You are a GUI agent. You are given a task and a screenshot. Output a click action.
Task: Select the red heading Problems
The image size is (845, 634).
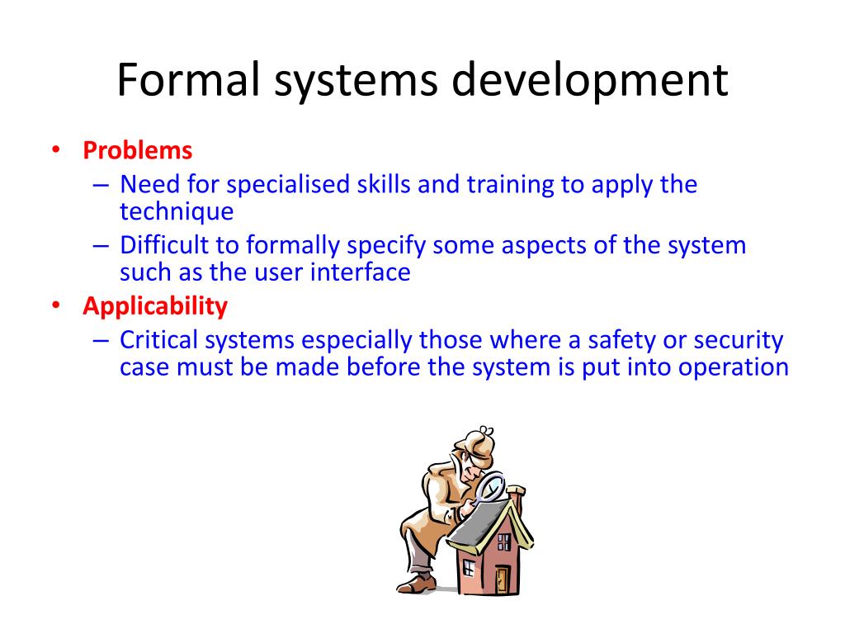(137, 151)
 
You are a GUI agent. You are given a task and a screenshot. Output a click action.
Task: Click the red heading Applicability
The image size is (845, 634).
(154, 306)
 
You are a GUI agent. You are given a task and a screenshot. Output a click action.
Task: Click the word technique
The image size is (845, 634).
(177, 211)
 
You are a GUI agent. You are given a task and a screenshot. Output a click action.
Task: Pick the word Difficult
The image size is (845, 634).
(162, 246)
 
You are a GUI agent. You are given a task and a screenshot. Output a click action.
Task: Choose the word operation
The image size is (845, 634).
(734, 367)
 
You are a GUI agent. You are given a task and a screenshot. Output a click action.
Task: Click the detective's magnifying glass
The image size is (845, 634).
(491, 487)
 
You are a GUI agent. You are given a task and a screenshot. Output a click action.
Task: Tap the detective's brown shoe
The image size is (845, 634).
(420, 584)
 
